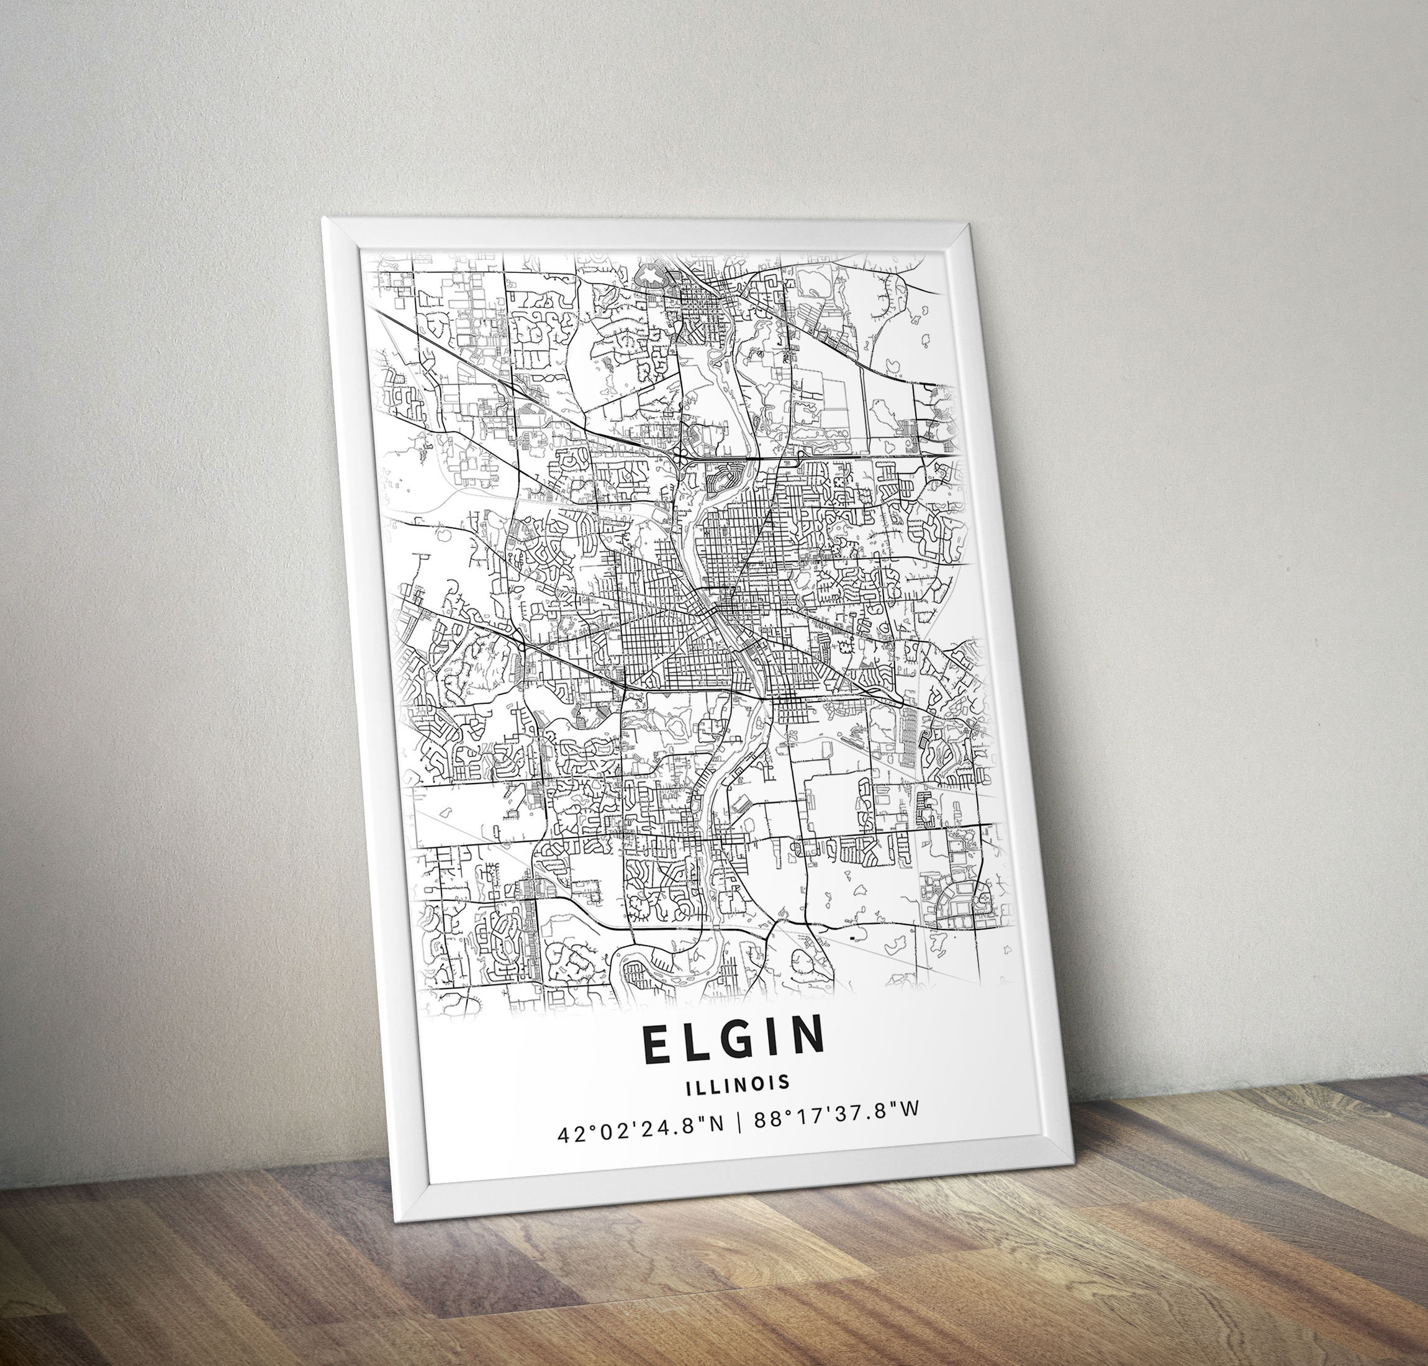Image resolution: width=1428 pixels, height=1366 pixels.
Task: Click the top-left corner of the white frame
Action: point(323,217)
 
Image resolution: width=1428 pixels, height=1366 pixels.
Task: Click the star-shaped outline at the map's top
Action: point(648,275)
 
